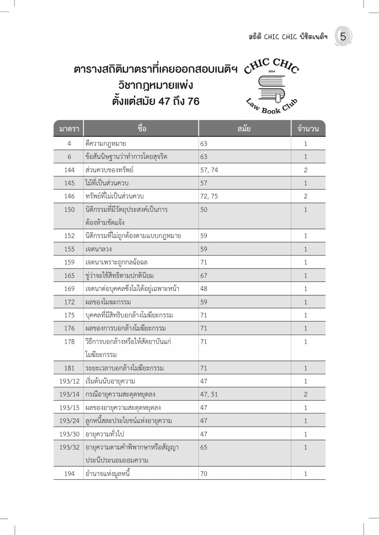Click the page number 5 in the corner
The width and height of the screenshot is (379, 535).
point(343,37)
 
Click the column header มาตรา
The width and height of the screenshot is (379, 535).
point(69,129)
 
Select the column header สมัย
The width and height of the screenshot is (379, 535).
point(244,129)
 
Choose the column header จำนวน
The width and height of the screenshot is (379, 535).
point(308,129)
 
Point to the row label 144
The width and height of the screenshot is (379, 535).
point(69,170)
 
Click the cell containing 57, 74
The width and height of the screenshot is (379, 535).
point(209,170)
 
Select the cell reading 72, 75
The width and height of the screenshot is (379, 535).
point(209,196)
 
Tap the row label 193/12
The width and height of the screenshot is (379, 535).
point(69,381)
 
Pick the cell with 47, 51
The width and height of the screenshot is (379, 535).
point(209,394)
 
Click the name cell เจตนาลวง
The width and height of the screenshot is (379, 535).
point(99,249)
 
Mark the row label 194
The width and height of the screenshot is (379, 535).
point(69,474)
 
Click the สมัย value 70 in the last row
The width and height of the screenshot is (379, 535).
point(204,474)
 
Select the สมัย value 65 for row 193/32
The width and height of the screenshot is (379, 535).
point(204,447)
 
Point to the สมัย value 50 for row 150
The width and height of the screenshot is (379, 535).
point(204,210)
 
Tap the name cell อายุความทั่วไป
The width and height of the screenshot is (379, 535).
point(105,434)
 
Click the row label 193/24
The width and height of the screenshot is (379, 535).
point(69,421)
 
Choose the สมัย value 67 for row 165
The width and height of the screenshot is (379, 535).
point(204,276)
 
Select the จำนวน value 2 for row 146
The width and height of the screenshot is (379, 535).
point(306,196)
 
